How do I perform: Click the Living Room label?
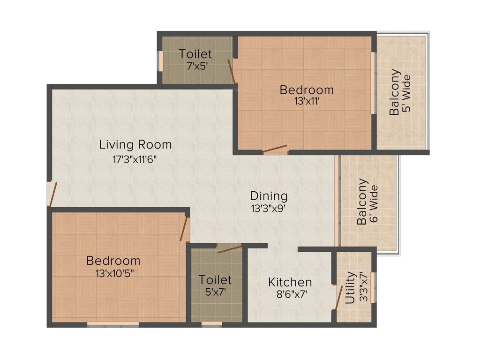[x=135, y=145]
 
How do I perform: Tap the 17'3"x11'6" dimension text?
[x=134, y=159]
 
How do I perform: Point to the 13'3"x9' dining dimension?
[x=268, y=209]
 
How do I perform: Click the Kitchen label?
[x=290, y=282]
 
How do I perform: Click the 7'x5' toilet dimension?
[x=195, y=66]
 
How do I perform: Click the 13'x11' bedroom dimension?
[x=307, y=101]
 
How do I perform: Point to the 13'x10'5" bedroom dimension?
[x=113, y=273]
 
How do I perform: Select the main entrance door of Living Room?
[x=52, y=194]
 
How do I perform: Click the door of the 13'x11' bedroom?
[x=276, y=150]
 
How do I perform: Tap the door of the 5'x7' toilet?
[x=229, y=248]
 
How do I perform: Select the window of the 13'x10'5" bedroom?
[x=113, y=323]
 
